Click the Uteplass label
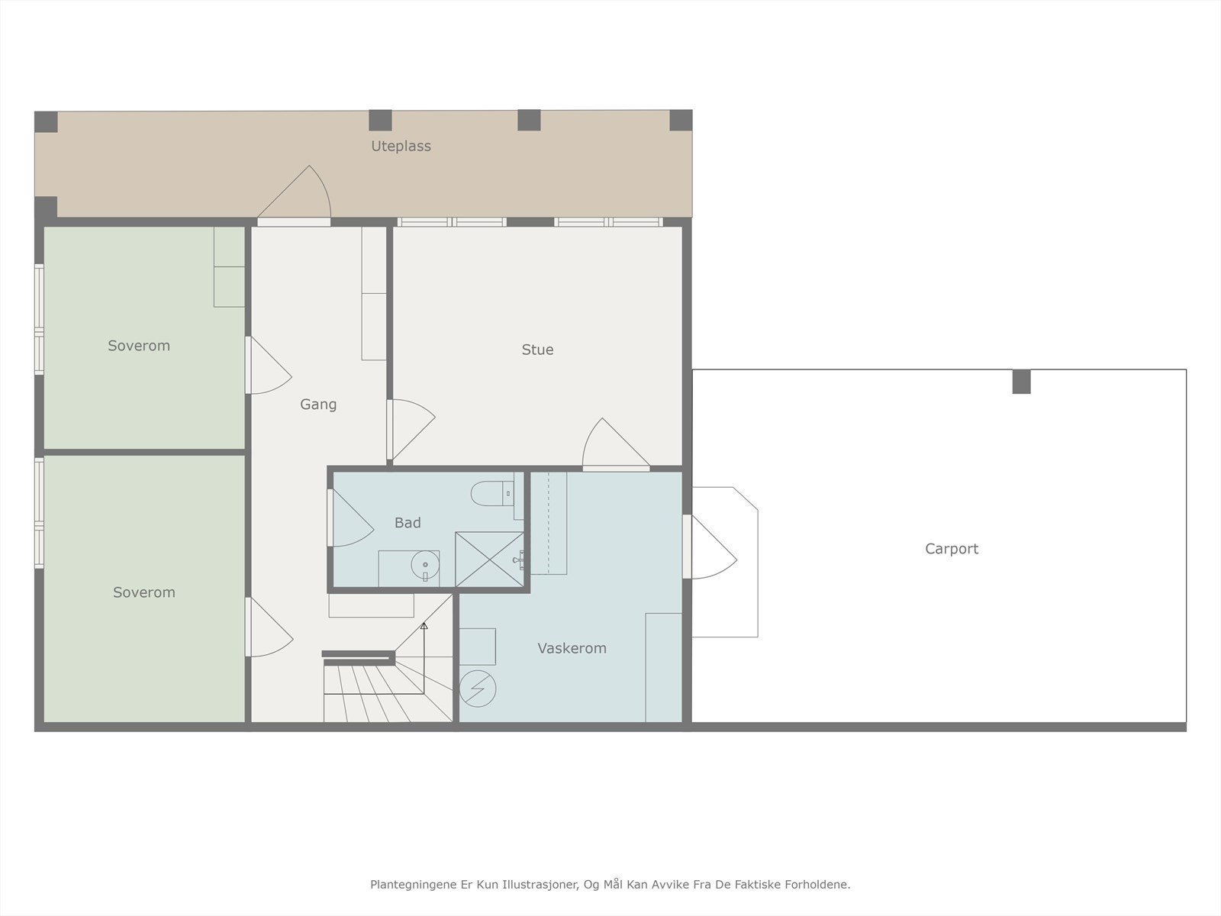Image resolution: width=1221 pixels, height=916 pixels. click(401, 147)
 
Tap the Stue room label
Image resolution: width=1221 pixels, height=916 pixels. click(537, 350)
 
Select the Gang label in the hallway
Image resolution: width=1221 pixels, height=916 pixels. click(318, 405)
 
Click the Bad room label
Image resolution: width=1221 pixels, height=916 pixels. click(408, 523)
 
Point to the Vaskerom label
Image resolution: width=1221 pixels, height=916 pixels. click(572, 648)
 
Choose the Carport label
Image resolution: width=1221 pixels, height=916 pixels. click(952, 549)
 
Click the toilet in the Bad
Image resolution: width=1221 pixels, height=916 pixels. click(492, 493)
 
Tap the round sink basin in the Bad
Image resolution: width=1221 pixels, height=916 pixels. click(425, 566)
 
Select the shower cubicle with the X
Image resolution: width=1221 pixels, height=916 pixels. click(489, 560)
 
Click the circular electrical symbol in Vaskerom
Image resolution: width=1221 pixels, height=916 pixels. click(478, 689)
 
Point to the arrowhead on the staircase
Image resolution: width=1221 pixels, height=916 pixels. click(424, 626)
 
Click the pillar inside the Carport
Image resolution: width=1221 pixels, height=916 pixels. click(1021, 382)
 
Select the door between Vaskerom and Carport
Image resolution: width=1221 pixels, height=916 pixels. click(710, 547)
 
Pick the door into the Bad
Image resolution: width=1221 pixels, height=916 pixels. click(350, 518)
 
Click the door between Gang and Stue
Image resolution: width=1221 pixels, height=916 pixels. click(411, 429)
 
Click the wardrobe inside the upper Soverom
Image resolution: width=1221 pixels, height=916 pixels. click(229, 267)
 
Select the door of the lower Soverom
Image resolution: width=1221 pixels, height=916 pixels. click(269, 627)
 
